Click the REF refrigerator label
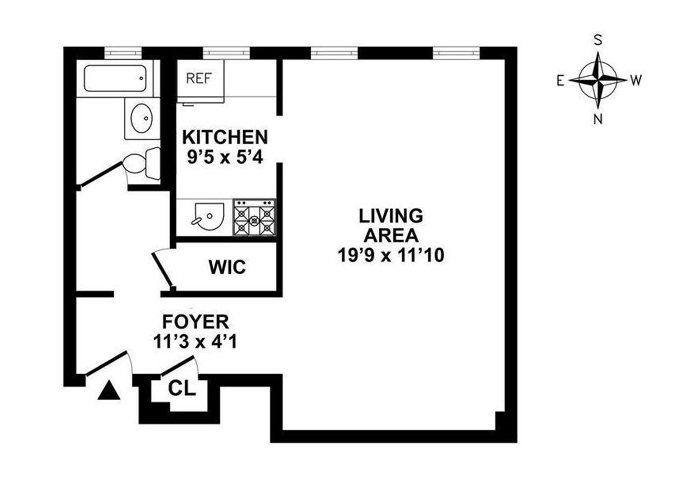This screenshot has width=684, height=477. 199,78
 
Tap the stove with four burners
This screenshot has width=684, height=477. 254,217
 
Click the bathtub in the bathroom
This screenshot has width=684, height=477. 115,78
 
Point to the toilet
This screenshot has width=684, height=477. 140,163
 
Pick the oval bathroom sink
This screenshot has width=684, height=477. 142,118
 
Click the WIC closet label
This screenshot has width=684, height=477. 227,267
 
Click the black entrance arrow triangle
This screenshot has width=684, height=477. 109,391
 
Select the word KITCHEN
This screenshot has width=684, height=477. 225,137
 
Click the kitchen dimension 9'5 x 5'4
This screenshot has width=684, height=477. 225,157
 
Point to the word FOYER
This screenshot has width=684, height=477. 195,322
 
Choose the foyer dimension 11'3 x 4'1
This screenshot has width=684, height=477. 195,341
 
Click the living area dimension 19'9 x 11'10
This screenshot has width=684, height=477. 391,255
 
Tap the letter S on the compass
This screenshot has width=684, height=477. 598,40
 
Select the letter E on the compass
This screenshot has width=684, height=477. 560,80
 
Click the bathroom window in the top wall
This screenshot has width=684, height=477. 123,53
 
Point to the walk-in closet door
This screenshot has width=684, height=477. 162,269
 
